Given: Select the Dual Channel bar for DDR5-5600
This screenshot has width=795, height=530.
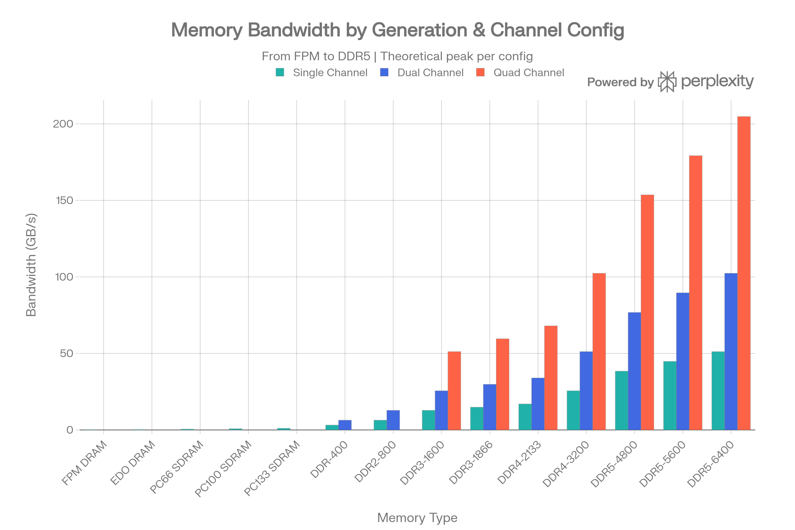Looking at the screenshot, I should tap(682, 361).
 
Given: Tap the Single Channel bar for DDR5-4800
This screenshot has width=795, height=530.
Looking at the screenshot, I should tap(621, 400).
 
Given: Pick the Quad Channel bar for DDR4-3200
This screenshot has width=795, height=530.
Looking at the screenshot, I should tap(599, 351).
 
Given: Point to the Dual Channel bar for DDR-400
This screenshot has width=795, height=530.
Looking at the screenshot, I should tap(345, 425).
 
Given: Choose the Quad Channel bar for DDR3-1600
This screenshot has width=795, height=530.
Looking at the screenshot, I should tap(454, 391).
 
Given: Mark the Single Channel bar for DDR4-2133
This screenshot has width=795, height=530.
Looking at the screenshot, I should tap(525, 417).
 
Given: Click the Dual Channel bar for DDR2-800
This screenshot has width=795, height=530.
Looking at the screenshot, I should tap(393, 420).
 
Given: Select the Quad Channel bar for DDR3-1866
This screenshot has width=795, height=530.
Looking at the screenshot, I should tap(503, 384).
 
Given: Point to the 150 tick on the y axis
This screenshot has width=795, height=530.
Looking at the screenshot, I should tap(64, 200).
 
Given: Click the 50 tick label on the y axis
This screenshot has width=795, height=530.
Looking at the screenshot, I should tap(67, 353).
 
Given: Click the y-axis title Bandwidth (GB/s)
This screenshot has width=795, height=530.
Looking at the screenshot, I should tap(31, 265).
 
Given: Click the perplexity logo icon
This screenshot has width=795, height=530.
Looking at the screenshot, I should tap(667, 82).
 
